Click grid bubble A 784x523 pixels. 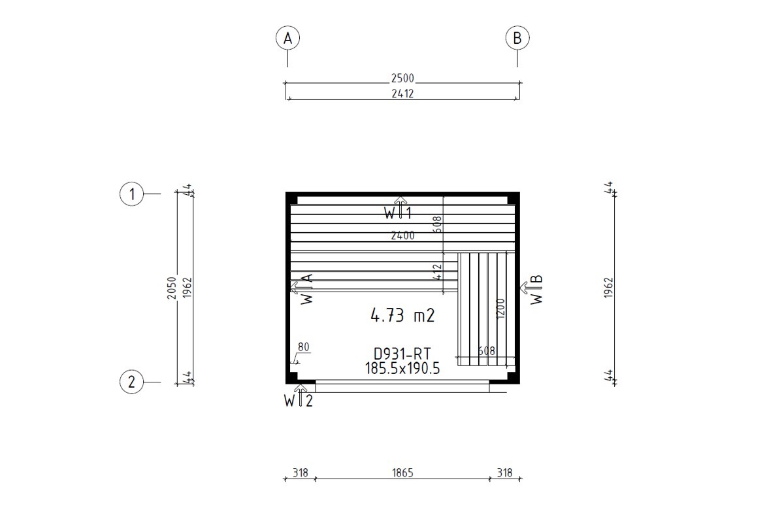(287, 39)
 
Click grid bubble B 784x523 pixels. (517, 39)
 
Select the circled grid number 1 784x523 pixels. (132, 194)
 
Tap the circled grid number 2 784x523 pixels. (132, 382)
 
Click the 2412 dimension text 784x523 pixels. (402, 93)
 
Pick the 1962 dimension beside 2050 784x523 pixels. (187, 288)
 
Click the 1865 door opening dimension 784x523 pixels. (402, 473)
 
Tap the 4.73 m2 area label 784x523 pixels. (402, 316)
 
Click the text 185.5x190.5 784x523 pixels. (402, 369)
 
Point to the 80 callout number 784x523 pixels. (303, 347)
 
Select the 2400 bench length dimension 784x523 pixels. (402, 236)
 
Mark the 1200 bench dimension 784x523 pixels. (501, 308)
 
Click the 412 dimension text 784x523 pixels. (438, 271)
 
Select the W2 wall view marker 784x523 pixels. (299, 397)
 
